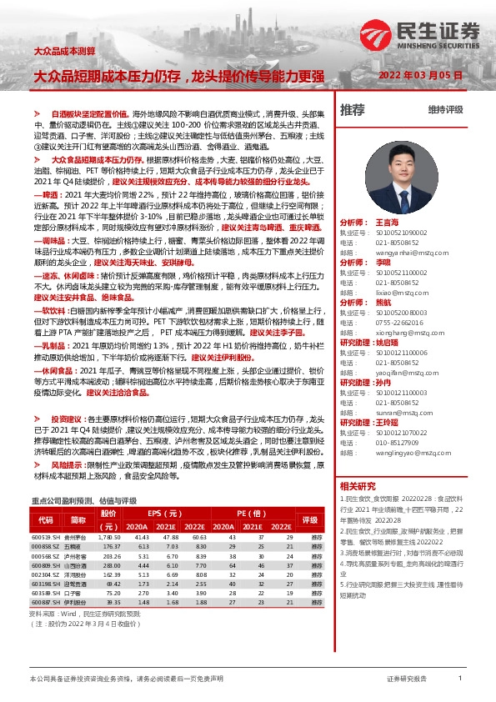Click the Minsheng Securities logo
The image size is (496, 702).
tap(421, 34)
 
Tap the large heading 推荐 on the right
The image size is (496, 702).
tap(352, 109)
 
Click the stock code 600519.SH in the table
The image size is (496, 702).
tap(45, 537)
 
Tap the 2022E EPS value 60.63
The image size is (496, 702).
tap(195, 537)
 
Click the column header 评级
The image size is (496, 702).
tap(317, 520)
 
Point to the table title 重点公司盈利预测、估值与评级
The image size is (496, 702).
tap(83, 501)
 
